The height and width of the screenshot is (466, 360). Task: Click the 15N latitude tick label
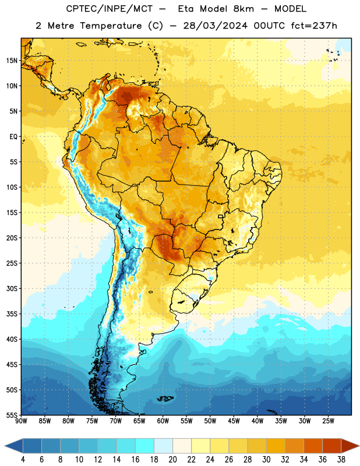click(12, 61)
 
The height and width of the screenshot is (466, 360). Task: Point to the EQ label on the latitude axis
click(13, 137)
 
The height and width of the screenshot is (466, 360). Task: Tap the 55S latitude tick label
click(12, 415)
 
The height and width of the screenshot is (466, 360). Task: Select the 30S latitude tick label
click(12, 288)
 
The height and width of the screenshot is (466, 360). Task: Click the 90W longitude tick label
click(21, 421)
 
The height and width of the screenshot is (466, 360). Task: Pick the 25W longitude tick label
click(328, 421)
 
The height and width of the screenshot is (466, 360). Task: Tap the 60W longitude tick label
click(163, 421)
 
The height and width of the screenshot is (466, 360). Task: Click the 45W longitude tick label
click(234, 421)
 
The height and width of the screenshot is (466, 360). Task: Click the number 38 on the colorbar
click(341, 460)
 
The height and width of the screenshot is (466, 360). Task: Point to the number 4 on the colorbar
click(23, 460)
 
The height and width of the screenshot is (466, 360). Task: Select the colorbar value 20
click(172, 460)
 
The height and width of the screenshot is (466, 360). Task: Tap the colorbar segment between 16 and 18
click(145, 446)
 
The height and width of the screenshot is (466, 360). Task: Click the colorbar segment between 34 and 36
click(313, 446)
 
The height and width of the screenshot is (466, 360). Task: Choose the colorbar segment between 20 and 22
click(182, 446)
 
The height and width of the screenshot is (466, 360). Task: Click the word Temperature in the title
click(111, 26)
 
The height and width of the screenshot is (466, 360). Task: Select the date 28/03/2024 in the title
click(215, 26)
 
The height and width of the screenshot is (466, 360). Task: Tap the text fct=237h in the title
click(314, 26)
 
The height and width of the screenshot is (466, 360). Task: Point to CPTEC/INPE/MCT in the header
click(110, 9)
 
